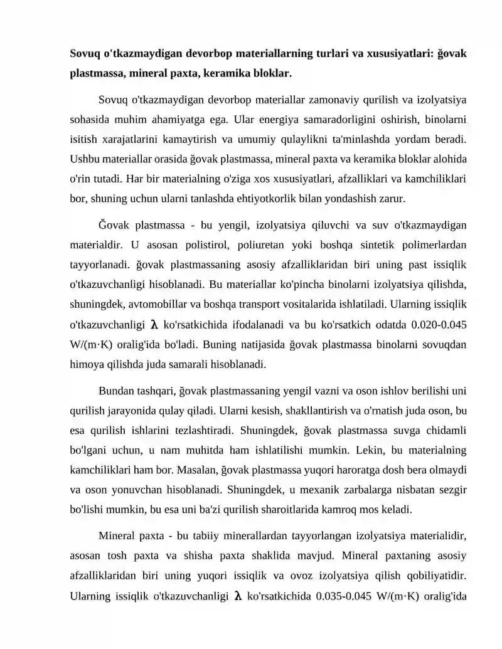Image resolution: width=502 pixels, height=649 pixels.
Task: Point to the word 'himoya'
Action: pyautogui.click(x=85, y=364)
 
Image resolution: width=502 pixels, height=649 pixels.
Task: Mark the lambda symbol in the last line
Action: pyautogui.click(x=238, y=596)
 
